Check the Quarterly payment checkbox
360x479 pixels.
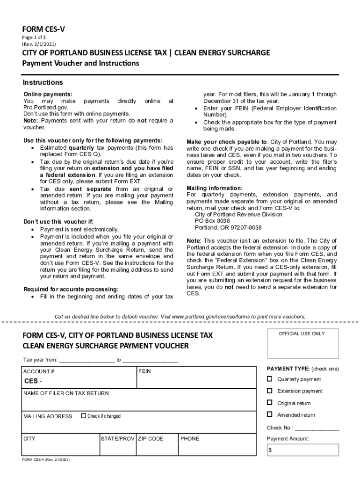[x=270, y=379]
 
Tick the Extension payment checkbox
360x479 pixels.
[x=270, y=391]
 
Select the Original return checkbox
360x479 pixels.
[x=270, y=402]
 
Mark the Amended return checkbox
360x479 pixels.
[x=270, y=414]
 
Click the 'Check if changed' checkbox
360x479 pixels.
[x=84, y=415]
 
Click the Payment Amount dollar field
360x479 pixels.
[x=303, y=450]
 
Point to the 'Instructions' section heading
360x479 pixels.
[x=43, y=83]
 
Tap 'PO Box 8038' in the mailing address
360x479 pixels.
[x=212, y=221]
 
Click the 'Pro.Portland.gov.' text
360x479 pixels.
[x=46, y=108]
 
